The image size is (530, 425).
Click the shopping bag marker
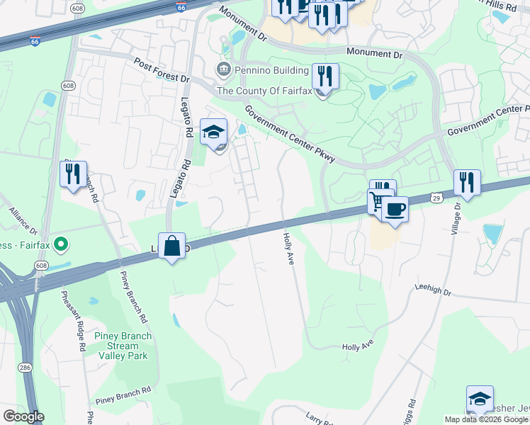tap(172, 247)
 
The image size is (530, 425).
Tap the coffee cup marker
tap(395, 209)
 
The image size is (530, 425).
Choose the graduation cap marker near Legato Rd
tap(213, 132)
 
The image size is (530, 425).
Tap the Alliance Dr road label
tap(23, 221)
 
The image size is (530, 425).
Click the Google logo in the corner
tap(23, 416)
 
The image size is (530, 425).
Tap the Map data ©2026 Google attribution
tap(486, 419)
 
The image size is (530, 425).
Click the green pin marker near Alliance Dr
tap(60, 245)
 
